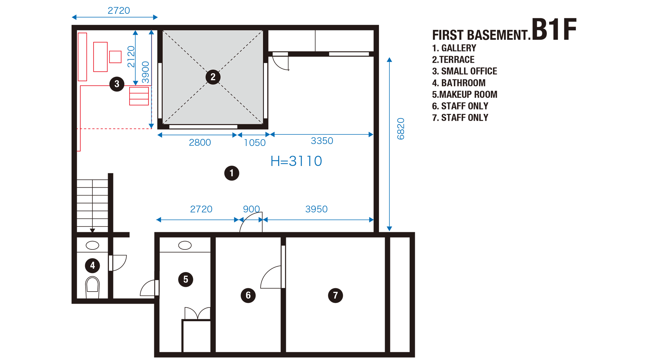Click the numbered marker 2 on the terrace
[213, 77]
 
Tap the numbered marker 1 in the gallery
[232, 173]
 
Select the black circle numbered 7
[335, 296]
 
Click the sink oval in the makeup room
[185, 245]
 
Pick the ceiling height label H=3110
[296, 161]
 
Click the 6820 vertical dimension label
[401, 129]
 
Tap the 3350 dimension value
[322, 141]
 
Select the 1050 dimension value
[255, 143]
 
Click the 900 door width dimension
[251, 209]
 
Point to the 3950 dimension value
[316, 209]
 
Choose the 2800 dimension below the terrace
[200, 143]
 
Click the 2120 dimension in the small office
[131, 57]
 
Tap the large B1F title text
[554, 30]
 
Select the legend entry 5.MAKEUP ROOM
[464, 94]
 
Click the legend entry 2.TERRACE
[453, 60]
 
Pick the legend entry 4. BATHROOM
[459, 83]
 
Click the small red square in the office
[115, 57]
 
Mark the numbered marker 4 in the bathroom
[92, 266]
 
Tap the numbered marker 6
[248, 296]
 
